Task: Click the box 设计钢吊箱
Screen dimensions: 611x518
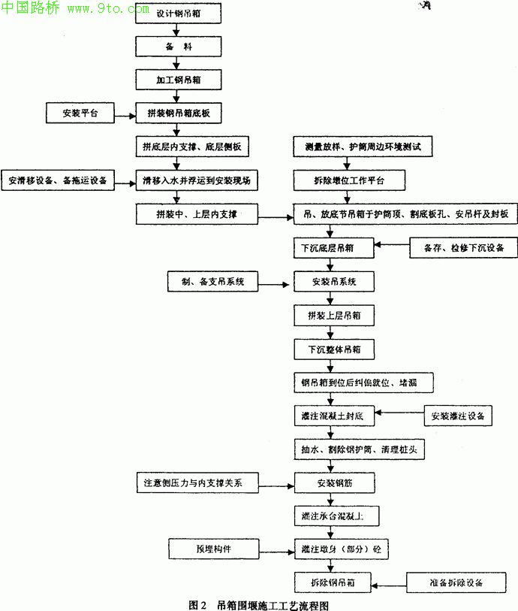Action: click(x=178, y=16)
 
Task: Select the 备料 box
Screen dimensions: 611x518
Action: click(x=178, y=47)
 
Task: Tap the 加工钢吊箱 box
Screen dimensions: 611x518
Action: click(x=178, y=78)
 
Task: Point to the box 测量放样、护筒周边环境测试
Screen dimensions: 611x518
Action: click(x=363, y=147)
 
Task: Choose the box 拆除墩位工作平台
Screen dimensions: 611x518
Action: click(x=349, y=181)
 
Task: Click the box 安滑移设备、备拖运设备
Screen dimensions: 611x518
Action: click(x=58, y=181)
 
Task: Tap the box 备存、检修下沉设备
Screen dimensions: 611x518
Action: click(x=463, y=247)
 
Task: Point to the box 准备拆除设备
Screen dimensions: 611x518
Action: click(x=457, y=582)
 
